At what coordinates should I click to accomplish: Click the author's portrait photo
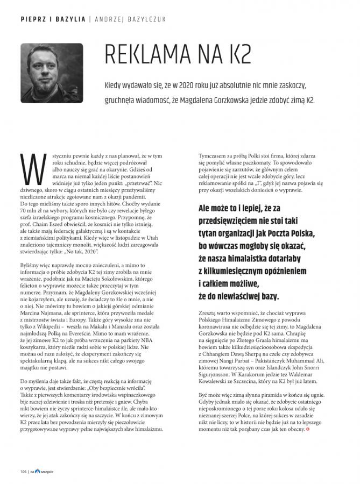(52, 68)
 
